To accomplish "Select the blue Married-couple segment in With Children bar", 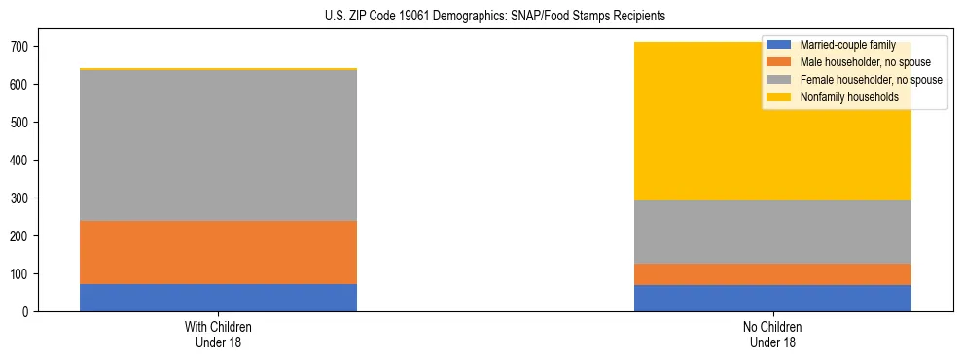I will click(218, 298).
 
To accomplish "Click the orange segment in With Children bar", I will click(218, 252).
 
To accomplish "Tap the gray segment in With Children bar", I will click(218, 146).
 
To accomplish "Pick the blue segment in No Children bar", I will click(772, 298).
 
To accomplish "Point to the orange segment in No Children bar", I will click(772, 274).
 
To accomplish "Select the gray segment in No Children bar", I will click(772, 232).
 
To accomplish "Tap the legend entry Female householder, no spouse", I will click(870, 80).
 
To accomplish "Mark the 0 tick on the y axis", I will click(27, 312).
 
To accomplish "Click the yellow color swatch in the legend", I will click(779, 97).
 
